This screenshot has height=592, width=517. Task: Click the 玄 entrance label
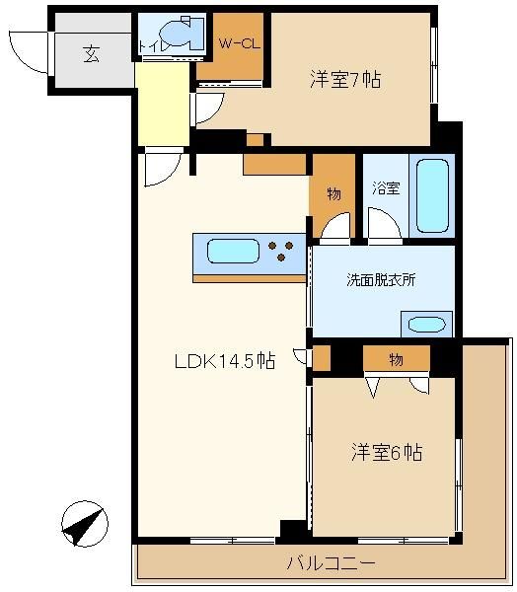[x=92, y=54]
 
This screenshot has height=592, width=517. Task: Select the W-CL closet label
[x=240, y=43]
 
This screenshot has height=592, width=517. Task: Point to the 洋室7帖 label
[x=345, y=80]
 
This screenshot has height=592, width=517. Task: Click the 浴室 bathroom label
[x=386, y=188]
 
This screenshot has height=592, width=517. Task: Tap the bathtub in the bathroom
[x=432, y=195]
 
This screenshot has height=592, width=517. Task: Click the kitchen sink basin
[x=234, y=251]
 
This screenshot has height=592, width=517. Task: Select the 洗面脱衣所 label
[x=381, y=280]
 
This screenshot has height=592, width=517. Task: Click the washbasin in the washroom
[x=427, y=325]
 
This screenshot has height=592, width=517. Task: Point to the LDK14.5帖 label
[x=225, y=361]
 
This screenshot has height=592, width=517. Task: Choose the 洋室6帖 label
[x=387, y=452]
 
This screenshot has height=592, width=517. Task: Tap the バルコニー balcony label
[x=331, y=563]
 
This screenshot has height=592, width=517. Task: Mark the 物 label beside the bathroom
[x=333, y=194]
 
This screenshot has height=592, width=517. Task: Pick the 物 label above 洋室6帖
[x=396, y=359]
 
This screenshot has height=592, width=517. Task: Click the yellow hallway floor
[x=163, y=105]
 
